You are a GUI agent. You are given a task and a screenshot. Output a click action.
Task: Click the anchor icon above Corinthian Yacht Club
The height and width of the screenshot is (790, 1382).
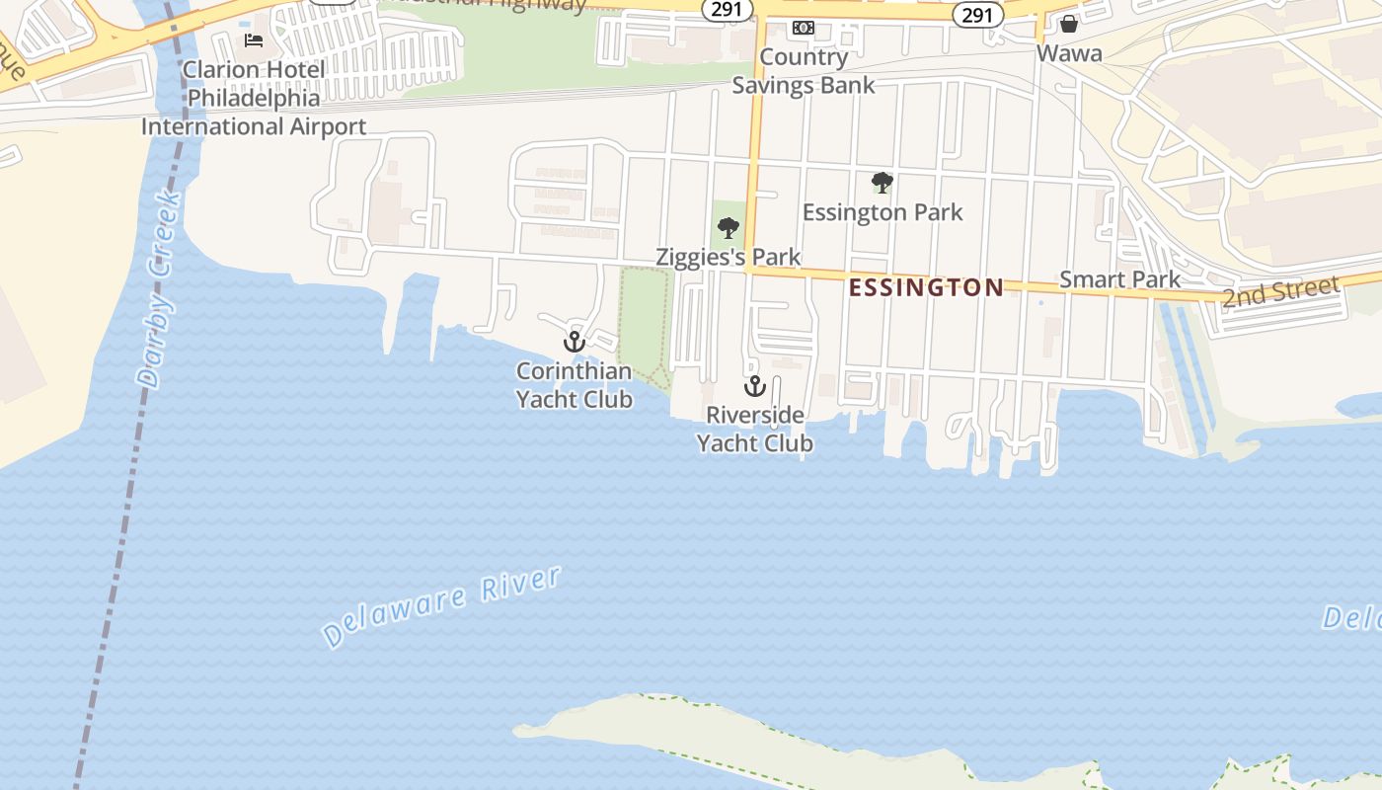574,343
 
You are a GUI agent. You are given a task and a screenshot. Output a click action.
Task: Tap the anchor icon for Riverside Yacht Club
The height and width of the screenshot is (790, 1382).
755,386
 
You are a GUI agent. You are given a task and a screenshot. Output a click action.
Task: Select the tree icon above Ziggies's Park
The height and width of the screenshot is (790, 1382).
729,229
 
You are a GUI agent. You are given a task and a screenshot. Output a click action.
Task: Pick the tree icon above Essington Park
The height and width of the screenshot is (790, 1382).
883,183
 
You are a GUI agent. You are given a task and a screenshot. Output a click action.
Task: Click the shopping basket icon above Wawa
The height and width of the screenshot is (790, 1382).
1069,24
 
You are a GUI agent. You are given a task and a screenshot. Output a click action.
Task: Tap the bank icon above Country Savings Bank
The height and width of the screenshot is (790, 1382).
804,28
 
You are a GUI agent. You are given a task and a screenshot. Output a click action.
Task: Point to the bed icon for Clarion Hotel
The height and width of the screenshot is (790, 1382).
254,40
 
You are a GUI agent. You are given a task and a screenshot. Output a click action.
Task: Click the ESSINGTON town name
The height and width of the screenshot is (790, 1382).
926,287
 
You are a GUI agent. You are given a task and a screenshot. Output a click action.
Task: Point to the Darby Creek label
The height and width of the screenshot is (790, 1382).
159,288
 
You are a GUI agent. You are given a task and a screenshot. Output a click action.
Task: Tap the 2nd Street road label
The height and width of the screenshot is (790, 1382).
1280,292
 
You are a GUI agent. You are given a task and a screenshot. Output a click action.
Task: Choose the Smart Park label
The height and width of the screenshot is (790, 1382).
1119,279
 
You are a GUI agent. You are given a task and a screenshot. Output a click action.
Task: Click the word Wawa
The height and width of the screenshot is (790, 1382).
1069,53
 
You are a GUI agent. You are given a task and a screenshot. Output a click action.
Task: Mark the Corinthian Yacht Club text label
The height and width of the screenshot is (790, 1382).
574,385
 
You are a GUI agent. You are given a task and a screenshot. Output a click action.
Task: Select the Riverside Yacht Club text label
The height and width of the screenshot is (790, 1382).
755,429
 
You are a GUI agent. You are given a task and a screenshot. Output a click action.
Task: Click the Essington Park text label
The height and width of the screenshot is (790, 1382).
883,212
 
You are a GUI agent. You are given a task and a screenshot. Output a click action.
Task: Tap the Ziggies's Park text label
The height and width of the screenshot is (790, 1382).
729,257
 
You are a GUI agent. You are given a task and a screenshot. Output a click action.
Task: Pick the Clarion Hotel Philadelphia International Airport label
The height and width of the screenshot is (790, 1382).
254,98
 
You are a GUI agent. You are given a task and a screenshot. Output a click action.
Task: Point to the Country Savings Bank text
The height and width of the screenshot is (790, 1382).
804,71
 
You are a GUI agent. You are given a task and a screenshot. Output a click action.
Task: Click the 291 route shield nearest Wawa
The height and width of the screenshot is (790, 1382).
977,14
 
